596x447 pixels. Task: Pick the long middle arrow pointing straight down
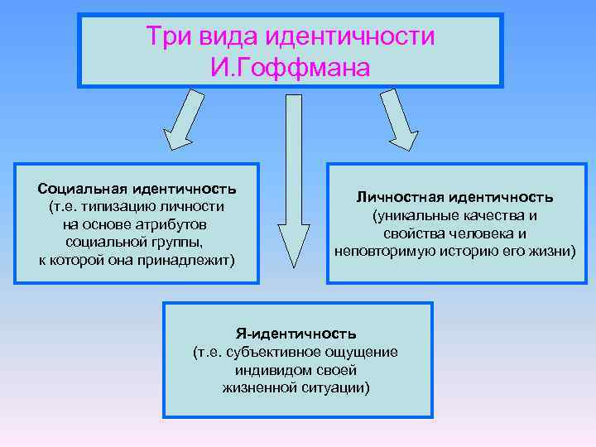(x=293, y=178)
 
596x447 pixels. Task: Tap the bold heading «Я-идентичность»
(x=296, y=334)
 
